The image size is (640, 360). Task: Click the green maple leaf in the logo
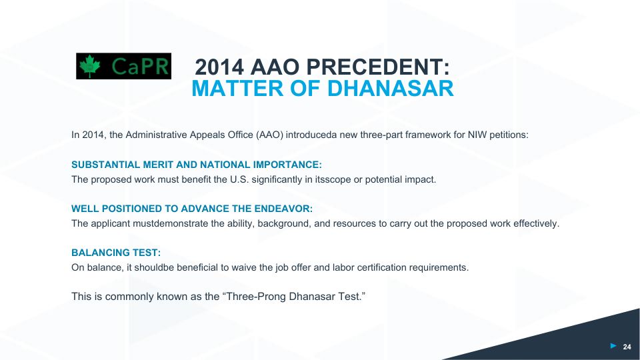click(90, 66)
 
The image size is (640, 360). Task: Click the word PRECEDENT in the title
click(378, 67)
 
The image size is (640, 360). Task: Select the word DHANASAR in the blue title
click(391, 89)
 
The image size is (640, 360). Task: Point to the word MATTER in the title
click(238, 89)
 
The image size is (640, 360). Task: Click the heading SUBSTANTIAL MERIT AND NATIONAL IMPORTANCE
click(196, 165)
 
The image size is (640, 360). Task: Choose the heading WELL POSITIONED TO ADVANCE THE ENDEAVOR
click(192, 209)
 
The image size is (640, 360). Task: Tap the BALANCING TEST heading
click(116, 253)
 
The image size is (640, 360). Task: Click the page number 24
click(627, 347)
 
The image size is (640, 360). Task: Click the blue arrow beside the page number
click(613, 346)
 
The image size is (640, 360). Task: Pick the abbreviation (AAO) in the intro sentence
click(269, 135)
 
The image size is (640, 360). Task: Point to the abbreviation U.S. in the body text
click(239, 179)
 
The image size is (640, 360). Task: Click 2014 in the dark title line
click(219, 67)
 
